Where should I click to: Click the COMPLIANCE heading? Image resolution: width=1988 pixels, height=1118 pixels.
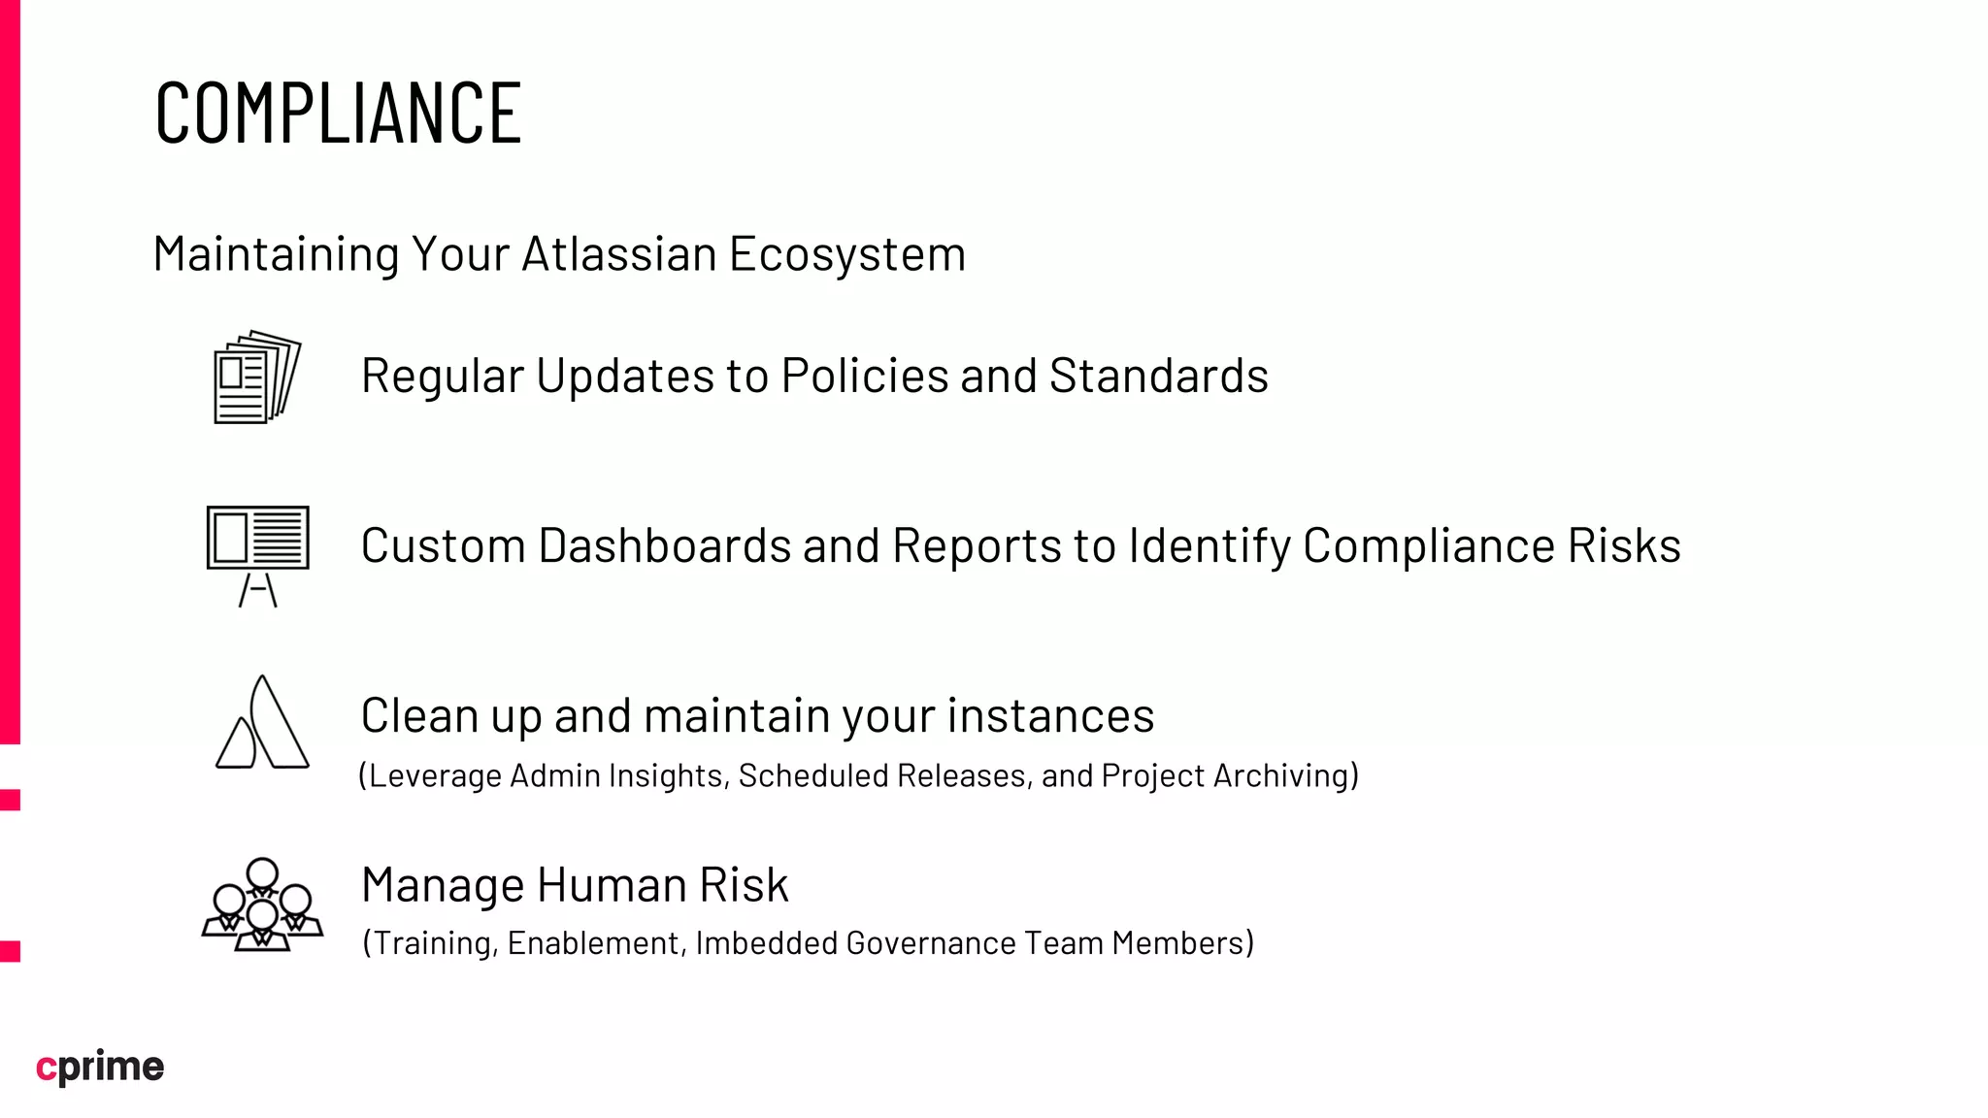(338, 114)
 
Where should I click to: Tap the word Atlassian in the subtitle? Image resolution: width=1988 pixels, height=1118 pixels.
(619, 254)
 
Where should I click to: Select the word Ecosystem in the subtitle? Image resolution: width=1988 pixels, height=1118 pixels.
(846, 254)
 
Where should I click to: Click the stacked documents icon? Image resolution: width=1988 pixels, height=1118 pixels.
(256, 377)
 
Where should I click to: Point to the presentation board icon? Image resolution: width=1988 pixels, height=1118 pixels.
(257, 554)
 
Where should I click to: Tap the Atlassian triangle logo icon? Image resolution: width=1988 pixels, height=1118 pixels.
(262, 723)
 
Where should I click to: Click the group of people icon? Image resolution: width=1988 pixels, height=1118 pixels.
(262, 904)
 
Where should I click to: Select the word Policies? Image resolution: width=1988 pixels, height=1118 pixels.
(865, 376)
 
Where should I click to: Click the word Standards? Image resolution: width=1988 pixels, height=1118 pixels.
(1158, 376)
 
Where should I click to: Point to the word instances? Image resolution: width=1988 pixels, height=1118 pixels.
(1050, 716)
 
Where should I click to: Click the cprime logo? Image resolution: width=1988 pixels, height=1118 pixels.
(100, 1067)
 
